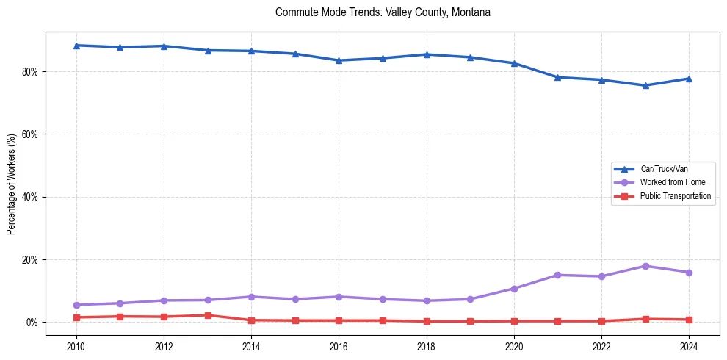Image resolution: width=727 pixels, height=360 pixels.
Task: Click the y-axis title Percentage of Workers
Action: pyautogui.click(x=12, y=184)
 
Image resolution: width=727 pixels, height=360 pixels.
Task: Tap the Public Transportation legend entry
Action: pyautogui.click(x=675, y=196)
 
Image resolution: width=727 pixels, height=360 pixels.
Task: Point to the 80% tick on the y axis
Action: pyautogui.click(x=32, y=72)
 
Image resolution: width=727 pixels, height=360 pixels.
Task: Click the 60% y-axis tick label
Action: pyautogui.click(x=32, y=134)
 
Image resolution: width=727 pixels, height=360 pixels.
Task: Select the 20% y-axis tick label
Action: pyautogui.click(x=32, y=260)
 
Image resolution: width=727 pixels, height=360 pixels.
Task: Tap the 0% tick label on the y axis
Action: pyautogui.click(x=35, y=323)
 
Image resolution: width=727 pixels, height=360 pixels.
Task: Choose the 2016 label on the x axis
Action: pyautogui.click(x=339, y=345)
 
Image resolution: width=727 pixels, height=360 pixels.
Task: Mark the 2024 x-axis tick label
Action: pyautogui.click(x=689, y=345)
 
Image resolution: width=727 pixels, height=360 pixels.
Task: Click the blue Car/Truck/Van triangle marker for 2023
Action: pyautogui.click(x=645, y=85)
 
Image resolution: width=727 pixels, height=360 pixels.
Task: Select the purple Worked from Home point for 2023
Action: pyautogui.click(x=645, y=266)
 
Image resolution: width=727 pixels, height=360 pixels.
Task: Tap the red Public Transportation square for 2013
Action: pyautogui.click(x=208, y=315)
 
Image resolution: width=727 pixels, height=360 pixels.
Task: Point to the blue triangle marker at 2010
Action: pyautogui.click(x=76, y=46)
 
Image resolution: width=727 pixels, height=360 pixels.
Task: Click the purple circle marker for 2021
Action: pyautogui.click(x=557, y=275)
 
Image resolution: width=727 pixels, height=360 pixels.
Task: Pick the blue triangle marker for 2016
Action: pyautogui.click(x=339, y=60)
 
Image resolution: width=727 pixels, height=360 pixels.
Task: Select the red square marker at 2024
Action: pyautogui.click(x=689, y=320)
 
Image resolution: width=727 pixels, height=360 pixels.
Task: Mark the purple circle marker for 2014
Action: pyautogui.click(x=251, y=297)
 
